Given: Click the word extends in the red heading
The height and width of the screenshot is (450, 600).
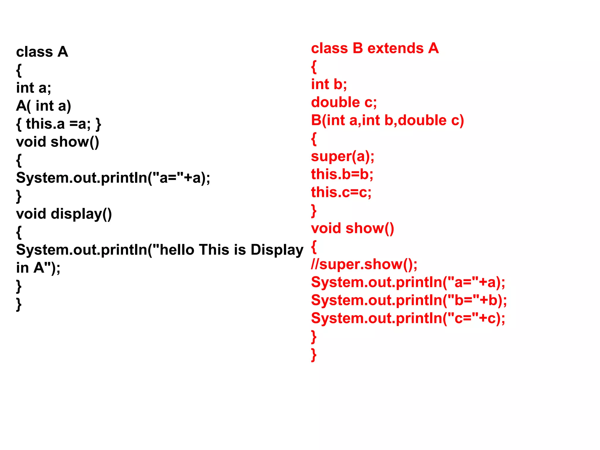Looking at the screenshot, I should coord(396,48).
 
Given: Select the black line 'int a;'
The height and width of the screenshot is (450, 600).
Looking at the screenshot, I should coord(34,88).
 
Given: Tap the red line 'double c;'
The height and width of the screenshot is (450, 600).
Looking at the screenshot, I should coord(344,102).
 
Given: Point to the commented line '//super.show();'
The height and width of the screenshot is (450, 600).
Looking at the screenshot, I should coord(364,264).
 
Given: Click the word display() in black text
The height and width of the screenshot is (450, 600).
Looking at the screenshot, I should coord(81,214).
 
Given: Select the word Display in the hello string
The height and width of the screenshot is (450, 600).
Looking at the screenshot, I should coord(277,250).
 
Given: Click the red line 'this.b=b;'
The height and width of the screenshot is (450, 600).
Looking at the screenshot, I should coord(342,174).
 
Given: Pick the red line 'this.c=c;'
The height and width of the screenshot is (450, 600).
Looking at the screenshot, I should coord(341,192).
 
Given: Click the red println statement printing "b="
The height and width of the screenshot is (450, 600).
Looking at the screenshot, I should coord(409,300).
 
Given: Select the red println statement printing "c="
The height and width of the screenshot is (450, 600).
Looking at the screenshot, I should coord(408,318).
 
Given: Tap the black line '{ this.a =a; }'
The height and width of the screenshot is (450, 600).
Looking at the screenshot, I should coord(59,124).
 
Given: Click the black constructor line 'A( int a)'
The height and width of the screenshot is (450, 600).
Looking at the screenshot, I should coord(44,106).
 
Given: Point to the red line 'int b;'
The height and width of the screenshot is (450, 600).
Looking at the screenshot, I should coord(329,84).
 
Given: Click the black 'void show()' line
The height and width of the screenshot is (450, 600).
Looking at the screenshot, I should coord(58,142).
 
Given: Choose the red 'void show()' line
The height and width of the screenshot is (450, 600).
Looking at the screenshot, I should coord(352,229).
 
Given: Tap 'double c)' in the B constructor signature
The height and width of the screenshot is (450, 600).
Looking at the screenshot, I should coord(431,120).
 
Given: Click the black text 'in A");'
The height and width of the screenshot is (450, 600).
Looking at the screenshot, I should coord(38,268).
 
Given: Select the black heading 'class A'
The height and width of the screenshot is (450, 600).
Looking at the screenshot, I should coord(42,52).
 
